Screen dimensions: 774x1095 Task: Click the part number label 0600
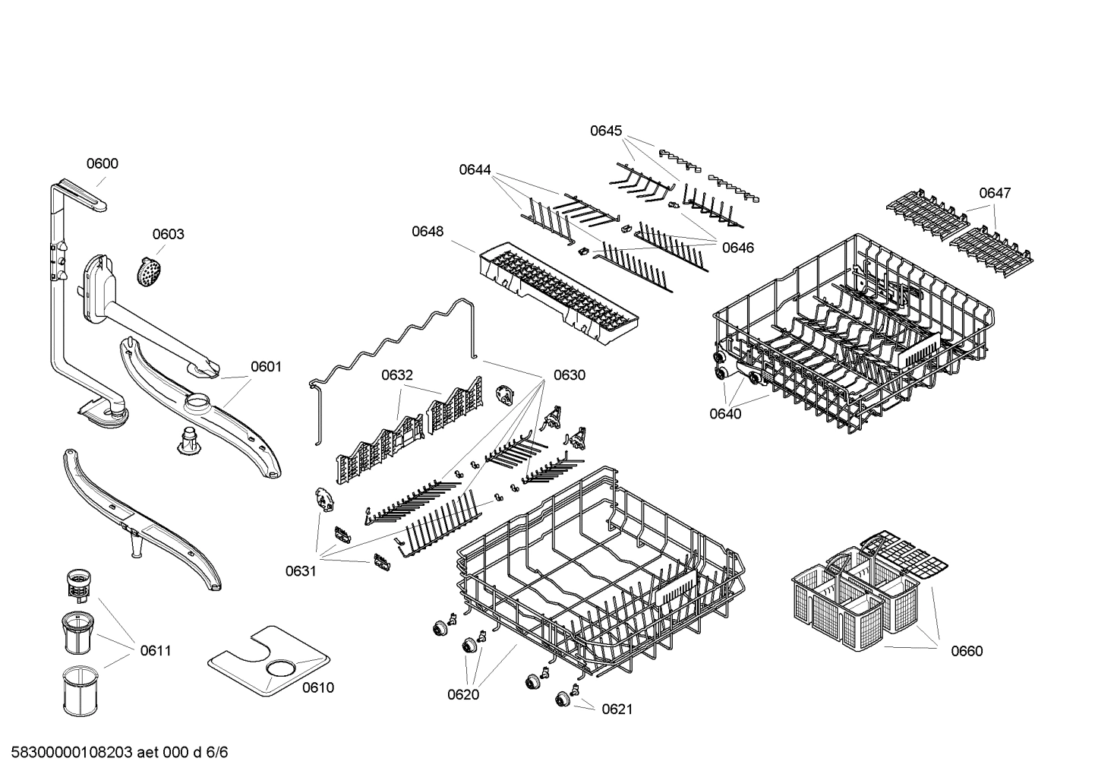tap(102, 163)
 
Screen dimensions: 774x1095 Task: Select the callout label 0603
tap(168, 234)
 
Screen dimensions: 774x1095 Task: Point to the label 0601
tap(266, 367)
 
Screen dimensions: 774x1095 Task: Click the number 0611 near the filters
tap(155, 651)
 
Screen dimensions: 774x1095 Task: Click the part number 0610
tap(317, 688)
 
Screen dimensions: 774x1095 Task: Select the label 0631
tap(301, 571)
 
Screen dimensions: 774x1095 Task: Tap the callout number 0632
tap(397, 374)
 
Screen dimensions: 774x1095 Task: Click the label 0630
tap(569, 374)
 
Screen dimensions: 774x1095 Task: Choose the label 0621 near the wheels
tap(617, 709)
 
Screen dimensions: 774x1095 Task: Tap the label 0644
tap(475, 169)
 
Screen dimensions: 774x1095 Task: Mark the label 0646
tap(737, 248)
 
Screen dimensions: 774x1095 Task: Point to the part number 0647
tap(994, 193)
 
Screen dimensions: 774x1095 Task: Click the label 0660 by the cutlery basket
tap(967, 651)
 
